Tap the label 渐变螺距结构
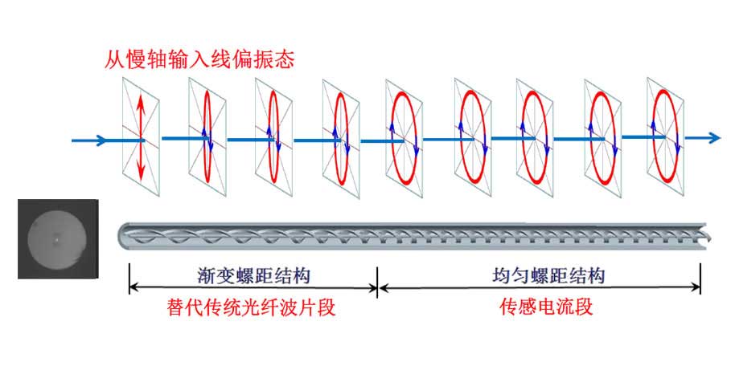pos(253,276)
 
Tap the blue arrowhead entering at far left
pos(101,140)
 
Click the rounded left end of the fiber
pos(123,235)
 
